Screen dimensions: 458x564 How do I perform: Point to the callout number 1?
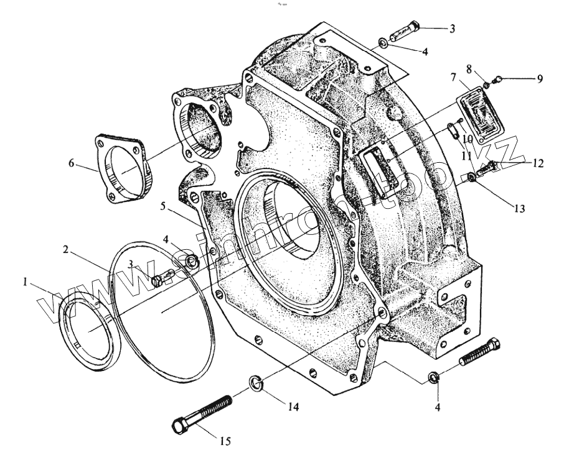[25, 282]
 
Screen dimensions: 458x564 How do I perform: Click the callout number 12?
[538, 163]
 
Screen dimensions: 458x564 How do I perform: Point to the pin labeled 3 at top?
[406, 29]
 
